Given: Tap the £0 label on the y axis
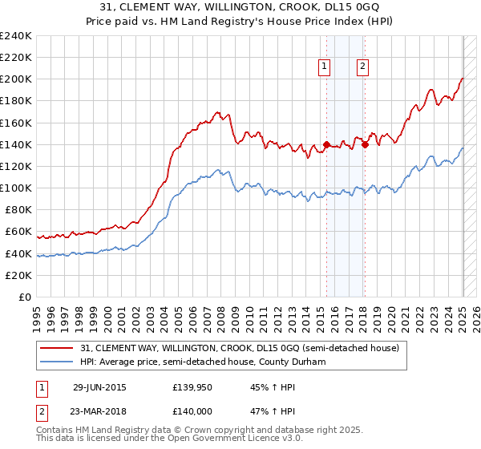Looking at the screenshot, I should [26, 297].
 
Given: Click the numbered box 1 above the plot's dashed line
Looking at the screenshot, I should [325, 67].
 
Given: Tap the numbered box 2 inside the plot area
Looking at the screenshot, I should [363, 67].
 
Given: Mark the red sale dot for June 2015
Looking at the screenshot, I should [326, 145].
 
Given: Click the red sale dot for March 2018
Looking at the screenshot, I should [365, 145].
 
